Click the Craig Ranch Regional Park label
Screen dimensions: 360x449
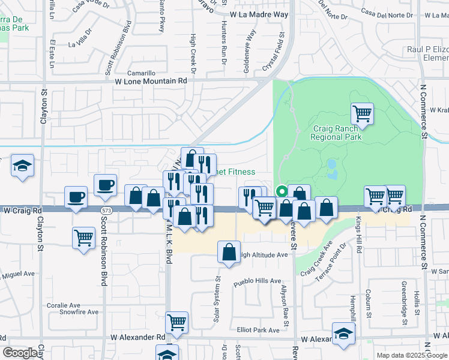tap(336, 133)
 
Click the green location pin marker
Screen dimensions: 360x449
tap(280, 192)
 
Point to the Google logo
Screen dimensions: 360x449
tap(20, 353)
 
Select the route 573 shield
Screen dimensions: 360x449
tap(107, 211)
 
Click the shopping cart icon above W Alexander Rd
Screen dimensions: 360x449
tap(176, 322)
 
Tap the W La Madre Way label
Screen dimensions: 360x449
tap(259, 14)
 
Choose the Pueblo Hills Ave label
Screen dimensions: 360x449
tap(258, 281)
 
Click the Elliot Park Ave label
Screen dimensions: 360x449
tap(258, 330)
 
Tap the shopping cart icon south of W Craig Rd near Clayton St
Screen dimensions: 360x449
tap(83, 237)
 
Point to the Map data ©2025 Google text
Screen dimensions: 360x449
tap(412, 355)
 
